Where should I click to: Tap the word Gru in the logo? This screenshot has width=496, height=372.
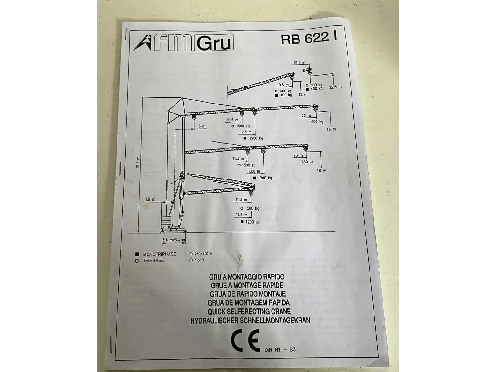(x=214, y=43)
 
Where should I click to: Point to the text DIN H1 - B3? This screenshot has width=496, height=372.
(x=280, y=350)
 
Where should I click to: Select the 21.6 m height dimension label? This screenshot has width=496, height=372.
(x=138, y=162)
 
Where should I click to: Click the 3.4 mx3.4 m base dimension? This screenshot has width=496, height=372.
(x=174, y=240)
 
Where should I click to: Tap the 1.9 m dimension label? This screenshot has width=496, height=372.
(x=150, y=199)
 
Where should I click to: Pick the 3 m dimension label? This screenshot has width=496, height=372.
(x=202, y=126)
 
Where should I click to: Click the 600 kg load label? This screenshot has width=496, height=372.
(x=317, y=122)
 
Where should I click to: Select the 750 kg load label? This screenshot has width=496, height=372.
(x=307, y=162)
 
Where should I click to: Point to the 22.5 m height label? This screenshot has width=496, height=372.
(x=335, y=87)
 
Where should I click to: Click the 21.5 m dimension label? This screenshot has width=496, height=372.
(x=299, y=63)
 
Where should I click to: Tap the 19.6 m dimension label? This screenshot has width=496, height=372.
(x=283, y=85)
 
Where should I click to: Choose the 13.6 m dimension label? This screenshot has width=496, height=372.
(x=254, y=171)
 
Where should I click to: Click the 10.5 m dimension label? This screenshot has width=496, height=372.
(x=232, y=120)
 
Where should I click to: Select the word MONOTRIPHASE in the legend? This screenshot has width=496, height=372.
(x=160, y=254)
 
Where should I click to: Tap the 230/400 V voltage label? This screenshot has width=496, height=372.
(x=203, y=254)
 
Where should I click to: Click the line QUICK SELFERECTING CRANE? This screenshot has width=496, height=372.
(x=249, y=312)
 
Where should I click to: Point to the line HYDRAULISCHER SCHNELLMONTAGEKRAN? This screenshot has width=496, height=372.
(x=250, y=321)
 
